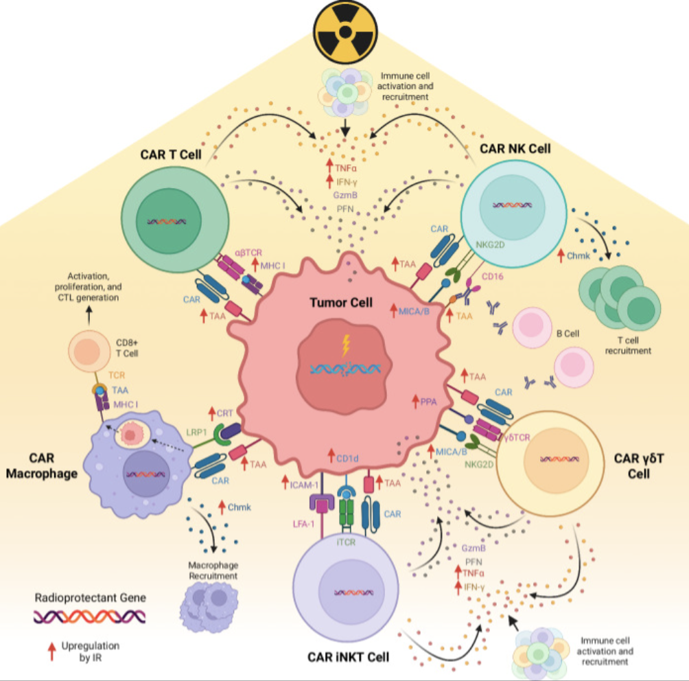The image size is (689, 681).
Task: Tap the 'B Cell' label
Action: click(570, 334)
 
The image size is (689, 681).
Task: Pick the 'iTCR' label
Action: click(347, 542)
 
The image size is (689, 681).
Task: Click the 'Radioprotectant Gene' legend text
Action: click(91, 597)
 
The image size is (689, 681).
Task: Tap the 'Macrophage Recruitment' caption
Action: click(214, 570)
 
